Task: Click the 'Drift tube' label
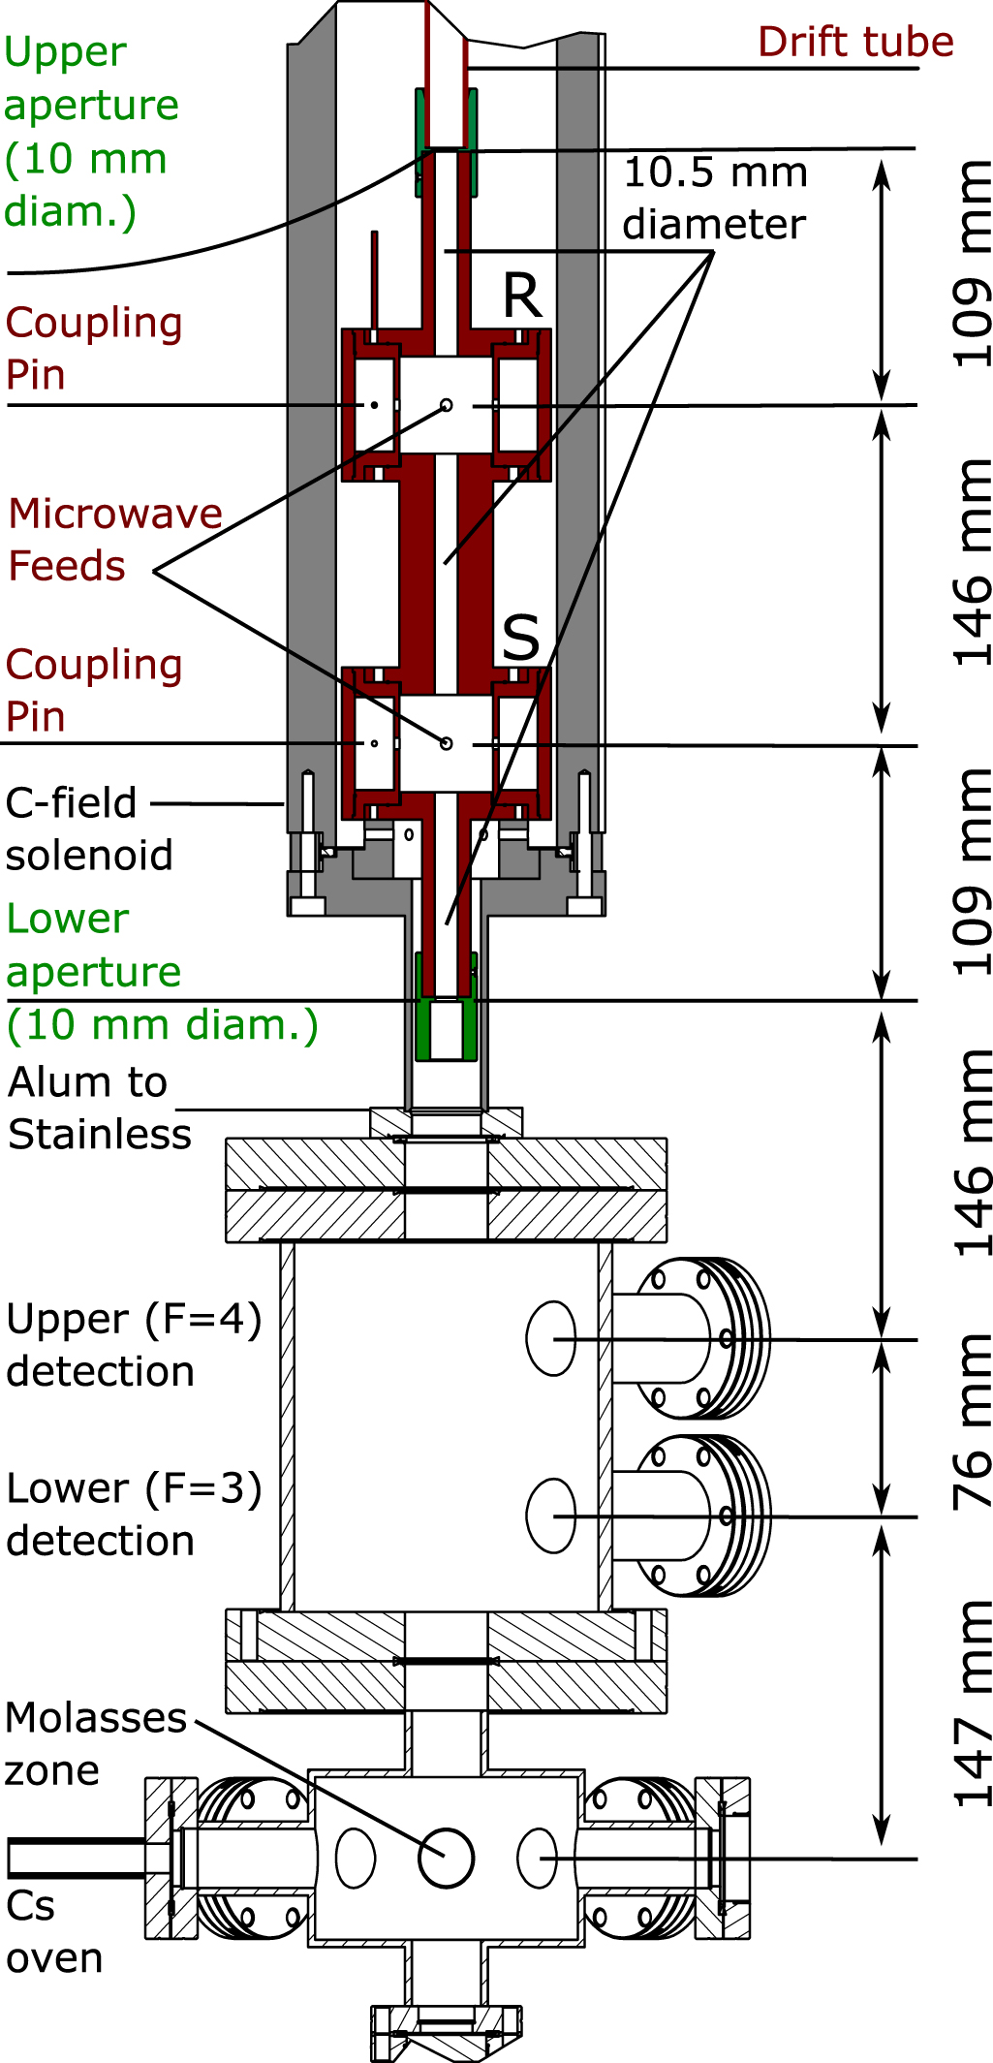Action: [x=855, y=43]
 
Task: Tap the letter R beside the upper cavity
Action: [x=522, y=297]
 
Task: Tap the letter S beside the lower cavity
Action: [x=521, y=639]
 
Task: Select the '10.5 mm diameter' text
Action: [x=715, y=199]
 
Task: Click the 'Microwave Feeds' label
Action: [x=114, y=540]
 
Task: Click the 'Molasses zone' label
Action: [x=94, y=1743]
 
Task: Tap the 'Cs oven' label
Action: [x=53, y=1931]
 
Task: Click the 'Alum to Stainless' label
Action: [x=99, y=1109]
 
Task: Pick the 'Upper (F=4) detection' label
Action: [x=133, y=1345]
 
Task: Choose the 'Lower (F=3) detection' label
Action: [x=133, y=1515]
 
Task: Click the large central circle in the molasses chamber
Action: [x=446, y=1858]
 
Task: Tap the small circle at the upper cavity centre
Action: [x=446, y=405]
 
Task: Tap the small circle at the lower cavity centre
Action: [x=446, y=743]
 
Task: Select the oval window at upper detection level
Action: [x=550, y=1338]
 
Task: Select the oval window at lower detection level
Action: [x=550, y=1515]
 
